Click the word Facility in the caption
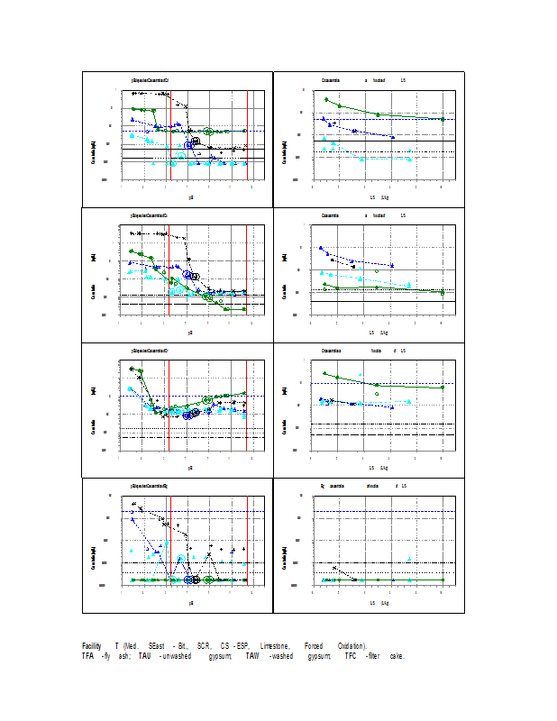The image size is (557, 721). (91, 646)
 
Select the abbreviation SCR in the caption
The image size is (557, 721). (204, 646)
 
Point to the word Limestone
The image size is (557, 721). (275, 646)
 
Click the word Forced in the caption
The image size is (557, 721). (314, 646)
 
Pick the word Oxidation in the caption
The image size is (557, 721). (352, 646)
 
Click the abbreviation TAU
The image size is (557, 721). (144, 656)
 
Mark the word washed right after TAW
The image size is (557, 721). (285, 656)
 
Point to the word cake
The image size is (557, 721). (397, 656)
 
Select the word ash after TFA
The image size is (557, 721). (119, 656)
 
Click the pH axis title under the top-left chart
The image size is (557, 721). (190, 196)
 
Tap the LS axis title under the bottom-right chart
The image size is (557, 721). (379, 602)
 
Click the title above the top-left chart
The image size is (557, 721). (150, 80)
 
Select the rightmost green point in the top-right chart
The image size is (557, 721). (443, 119)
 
